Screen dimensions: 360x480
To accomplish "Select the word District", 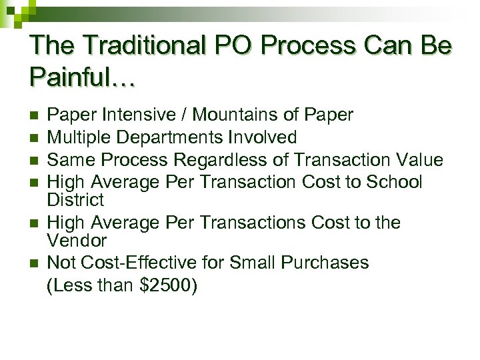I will [x=76, y=200].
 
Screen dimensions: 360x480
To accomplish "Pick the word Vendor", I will [x=77, y=240].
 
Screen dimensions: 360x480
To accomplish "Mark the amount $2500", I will [x=166, y=286].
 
